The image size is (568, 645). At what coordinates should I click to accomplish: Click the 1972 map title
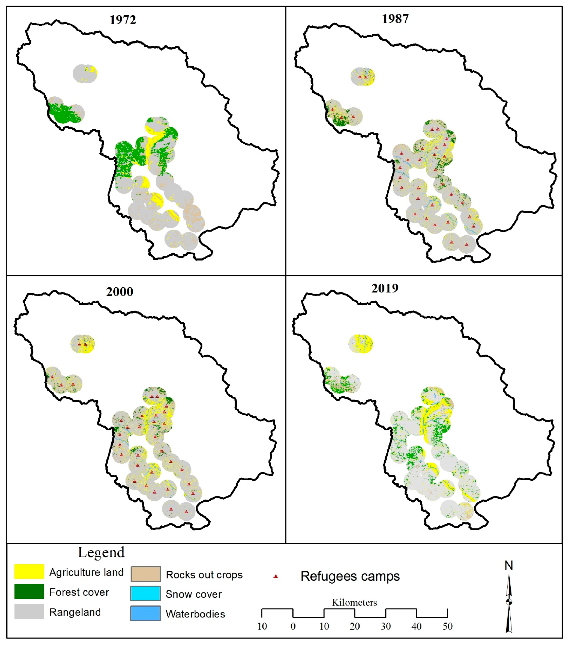(122, 20)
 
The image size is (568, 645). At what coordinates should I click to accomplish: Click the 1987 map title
(395, 19)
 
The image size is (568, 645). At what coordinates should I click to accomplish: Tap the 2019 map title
(385, 288)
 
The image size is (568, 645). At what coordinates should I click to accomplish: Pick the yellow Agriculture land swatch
(29, 571)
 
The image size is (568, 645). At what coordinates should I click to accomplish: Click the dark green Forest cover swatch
(29, 591)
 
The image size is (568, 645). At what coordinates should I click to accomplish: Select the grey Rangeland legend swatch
(29, 611)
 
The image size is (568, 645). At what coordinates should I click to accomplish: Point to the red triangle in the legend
(276, 576)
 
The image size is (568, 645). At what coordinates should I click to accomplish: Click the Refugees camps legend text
(350, 576)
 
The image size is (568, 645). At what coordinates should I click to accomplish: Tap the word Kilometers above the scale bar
(354, 602)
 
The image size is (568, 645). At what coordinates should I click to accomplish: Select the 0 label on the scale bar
(293, 626)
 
